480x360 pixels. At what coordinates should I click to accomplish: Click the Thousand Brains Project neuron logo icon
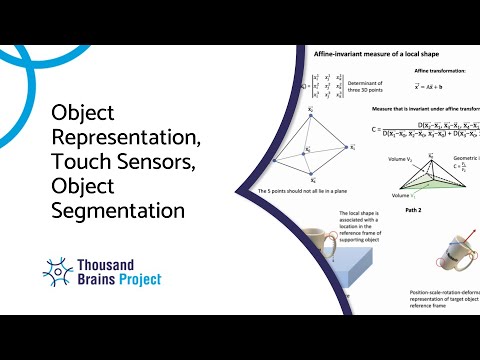pos(58,270)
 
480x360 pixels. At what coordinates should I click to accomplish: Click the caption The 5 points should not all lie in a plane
pos(305,191)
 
